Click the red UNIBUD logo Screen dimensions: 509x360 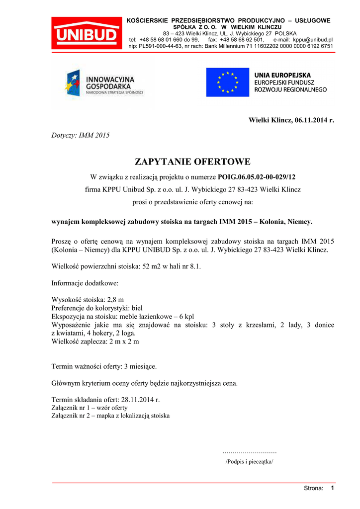pos(87,33)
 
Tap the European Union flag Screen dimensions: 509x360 pos(228,82)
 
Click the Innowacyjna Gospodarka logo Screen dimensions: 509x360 pos(104,83)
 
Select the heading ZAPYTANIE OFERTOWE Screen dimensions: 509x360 pos(193,162)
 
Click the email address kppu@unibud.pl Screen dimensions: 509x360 pos(313,39)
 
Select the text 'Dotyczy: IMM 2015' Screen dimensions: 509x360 pos(81,135)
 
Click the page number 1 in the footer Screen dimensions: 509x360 pos(332,488)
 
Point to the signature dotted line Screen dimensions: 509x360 pos(250,452)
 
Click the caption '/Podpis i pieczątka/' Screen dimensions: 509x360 pos(250,461)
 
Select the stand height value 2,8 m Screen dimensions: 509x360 pos(115,300)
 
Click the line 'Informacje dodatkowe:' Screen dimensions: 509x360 pos(85,283)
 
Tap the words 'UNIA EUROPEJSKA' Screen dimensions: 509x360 pos(283,75)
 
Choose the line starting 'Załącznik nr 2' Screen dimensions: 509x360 pos(110,416)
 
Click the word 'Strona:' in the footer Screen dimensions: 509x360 pos(314,488)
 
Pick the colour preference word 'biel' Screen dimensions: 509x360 pos(134,308)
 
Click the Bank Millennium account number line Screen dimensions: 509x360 pos(231,46)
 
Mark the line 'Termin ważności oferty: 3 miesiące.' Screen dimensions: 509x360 pos(104,366)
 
